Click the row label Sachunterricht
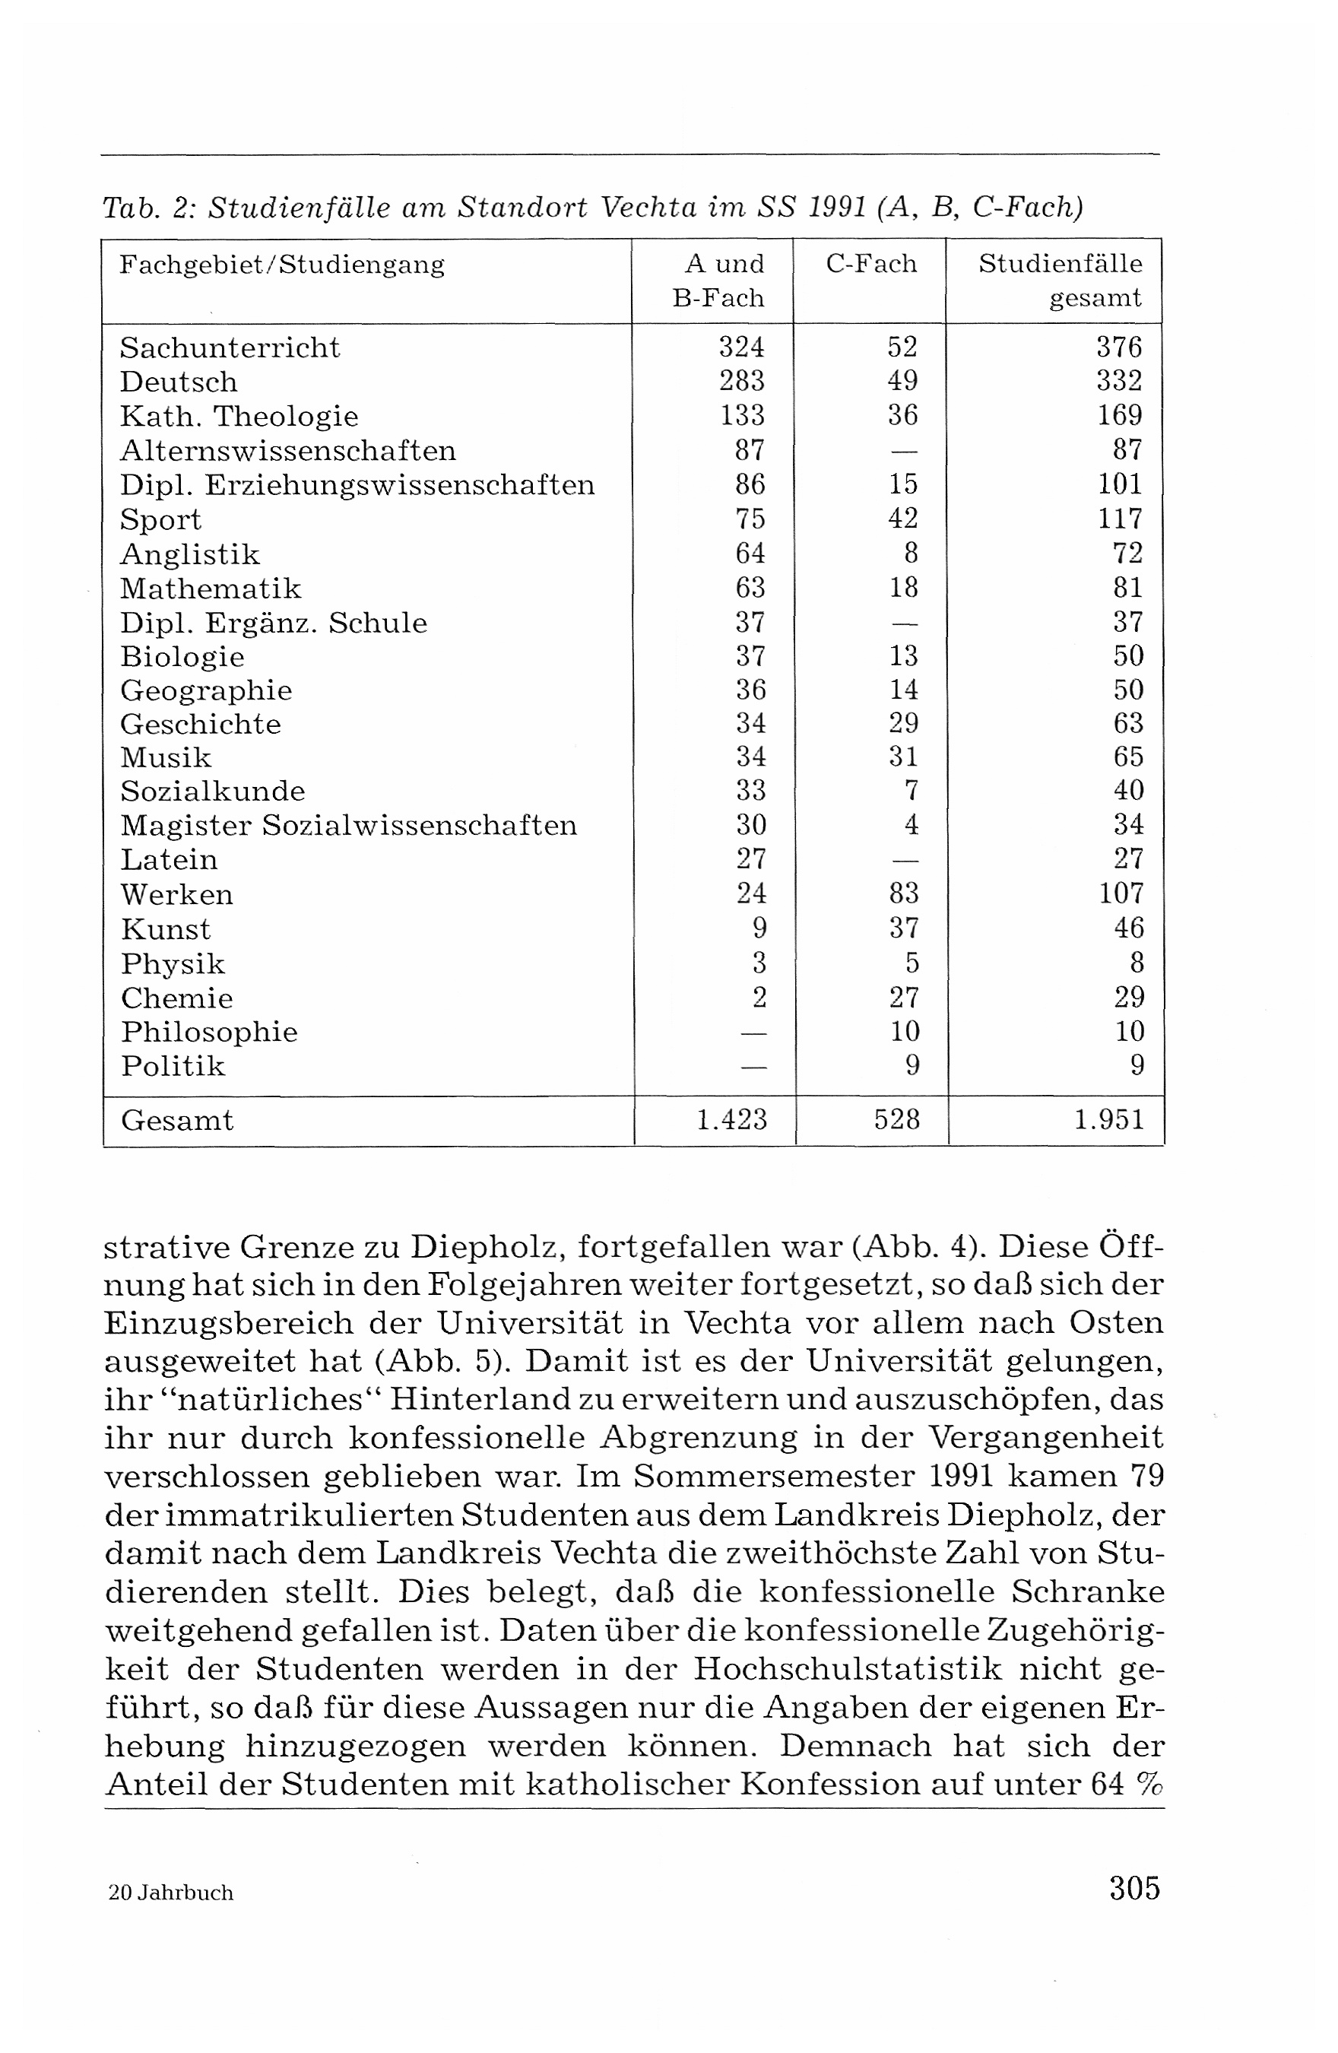pos(230,347)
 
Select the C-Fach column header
pos(871,264)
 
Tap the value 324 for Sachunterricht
pos(742,347)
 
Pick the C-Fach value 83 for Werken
pos(903,893)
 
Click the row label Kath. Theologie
pos(239,417)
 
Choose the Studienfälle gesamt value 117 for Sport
pos(1120,519)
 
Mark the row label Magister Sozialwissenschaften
pos(348,826)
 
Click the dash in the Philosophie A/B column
pos(753,1033)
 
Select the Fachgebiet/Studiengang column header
pos(282,264)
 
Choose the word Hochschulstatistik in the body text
pos(847,1669)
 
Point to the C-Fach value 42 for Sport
pos(903,519)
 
